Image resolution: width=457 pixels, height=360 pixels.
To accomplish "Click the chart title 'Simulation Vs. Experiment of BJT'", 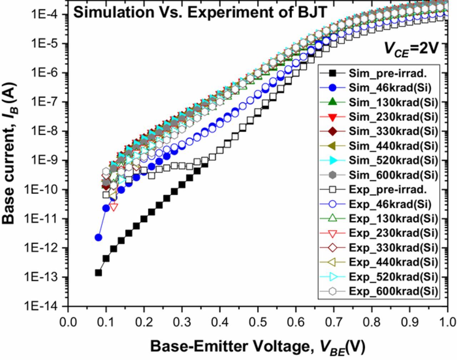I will coord(200,12).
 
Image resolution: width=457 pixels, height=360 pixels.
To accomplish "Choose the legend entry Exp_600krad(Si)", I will coord(393,291).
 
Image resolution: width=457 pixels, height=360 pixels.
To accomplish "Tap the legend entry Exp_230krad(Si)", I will coord(393,233).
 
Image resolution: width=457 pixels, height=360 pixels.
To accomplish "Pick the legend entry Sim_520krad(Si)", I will coord(393,160).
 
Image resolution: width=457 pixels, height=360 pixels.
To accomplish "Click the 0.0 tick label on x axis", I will coord(68,322).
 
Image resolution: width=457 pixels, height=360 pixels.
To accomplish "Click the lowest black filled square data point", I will coord(98,273).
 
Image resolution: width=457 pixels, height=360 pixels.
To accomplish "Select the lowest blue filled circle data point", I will coord(98,237).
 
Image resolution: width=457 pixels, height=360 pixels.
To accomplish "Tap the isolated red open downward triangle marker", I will coord(114,207).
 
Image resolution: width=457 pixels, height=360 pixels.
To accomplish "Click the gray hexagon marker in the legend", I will coord(332,175).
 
